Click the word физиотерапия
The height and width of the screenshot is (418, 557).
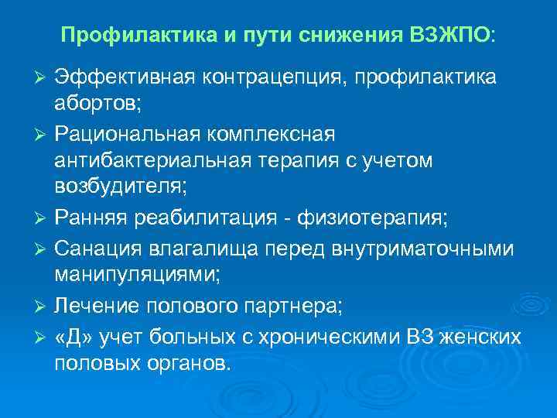(x=375, y=218)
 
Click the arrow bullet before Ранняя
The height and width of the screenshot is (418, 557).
(x=43, y=218)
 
